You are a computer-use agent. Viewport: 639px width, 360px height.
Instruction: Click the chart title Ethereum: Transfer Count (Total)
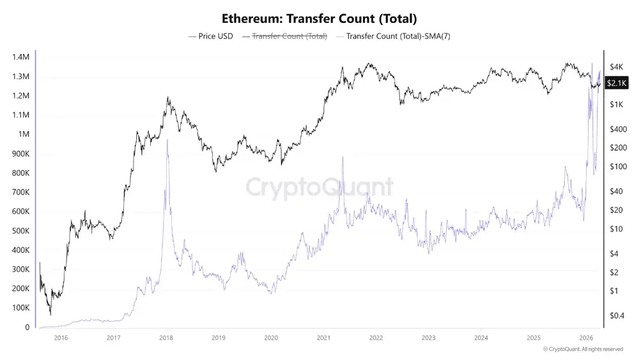(319, 19)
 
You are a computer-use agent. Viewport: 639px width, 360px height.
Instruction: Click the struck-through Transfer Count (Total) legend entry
(289, 36)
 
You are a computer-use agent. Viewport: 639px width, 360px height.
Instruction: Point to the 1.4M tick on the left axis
(20, 57)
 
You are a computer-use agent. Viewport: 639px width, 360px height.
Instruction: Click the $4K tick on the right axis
(617, 67)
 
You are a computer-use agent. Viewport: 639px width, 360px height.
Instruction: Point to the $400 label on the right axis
(619, 129)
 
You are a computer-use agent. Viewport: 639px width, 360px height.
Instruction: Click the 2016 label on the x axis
(61, 337)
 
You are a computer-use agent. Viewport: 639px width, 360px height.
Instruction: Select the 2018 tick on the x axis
(166, 337)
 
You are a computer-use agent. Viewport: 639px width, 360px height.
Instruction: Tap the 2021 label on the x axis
(323, 337)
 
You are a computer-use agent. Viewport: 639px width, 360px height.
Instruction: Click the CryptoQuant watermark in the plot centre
(319, 187)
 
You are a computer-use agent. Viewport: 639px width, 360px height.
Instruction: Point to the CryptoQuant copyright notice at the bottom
(583, 349)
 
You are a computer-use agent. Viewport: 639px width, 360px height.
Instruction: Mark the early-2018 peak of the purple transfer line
(167, 140)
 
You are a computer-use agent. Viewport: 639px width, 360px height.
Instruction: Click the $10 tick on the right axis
(617, 229)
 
